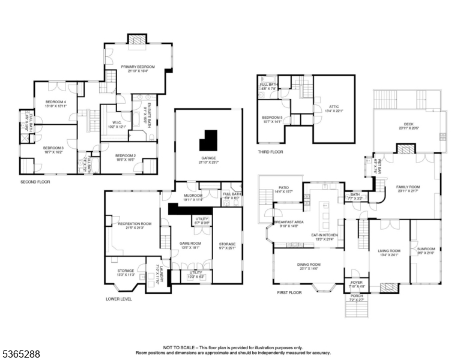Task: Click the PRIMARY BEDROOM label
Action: tap(138, 67)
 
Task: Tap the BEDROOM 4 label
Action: tap(55, 103)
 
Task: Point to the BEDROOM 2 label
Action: tap(126, 155)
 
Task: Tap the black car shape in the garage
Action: tap(210, 141)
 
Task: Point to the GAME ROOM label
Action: tap(189, 243)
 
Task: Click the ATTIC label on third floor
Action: tap(333, 107)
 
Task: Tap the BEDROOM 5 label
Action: tap(272, 118)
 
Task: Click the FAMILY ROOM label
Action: tap(408, 187)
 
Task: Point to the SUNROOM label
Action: tap(425, 250)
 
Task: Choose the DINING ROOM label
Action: tap(309, 265)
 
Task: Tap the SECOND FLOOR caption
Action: tap(32, 181)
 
